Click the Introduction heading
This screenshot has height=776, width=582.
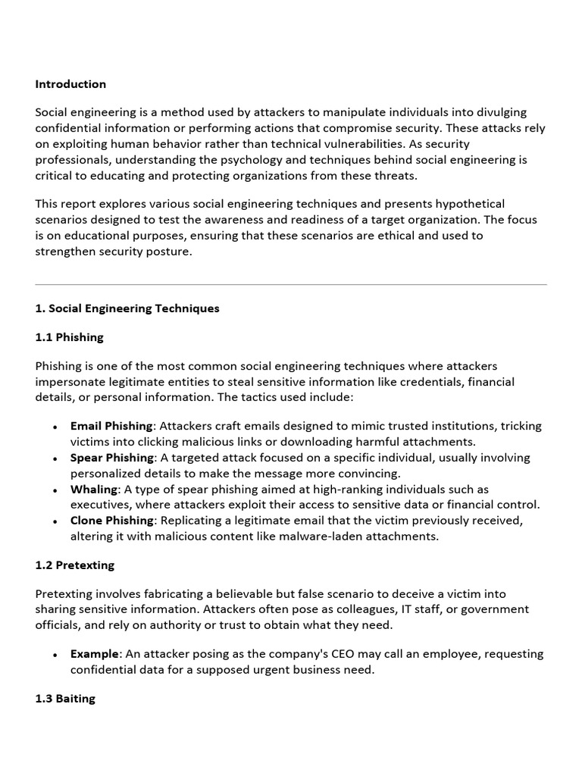pos(70,84)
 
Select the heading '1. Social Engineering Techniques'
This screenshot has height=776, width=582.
pos(127,308)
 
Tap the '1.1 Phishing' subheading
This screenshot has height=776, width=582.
pos(69,337)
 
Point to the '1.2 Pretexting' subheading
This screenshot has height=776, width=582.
pos(74,565)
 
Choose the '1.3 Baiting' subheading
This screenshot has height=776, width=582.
pos(65,699)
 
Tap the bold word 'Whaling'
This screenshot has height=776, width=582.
pos(94,490)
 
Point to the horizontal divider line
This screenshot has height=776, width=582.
pos(291,285)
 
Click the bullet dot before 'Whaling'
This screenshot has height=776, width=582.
pos(55,490)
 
